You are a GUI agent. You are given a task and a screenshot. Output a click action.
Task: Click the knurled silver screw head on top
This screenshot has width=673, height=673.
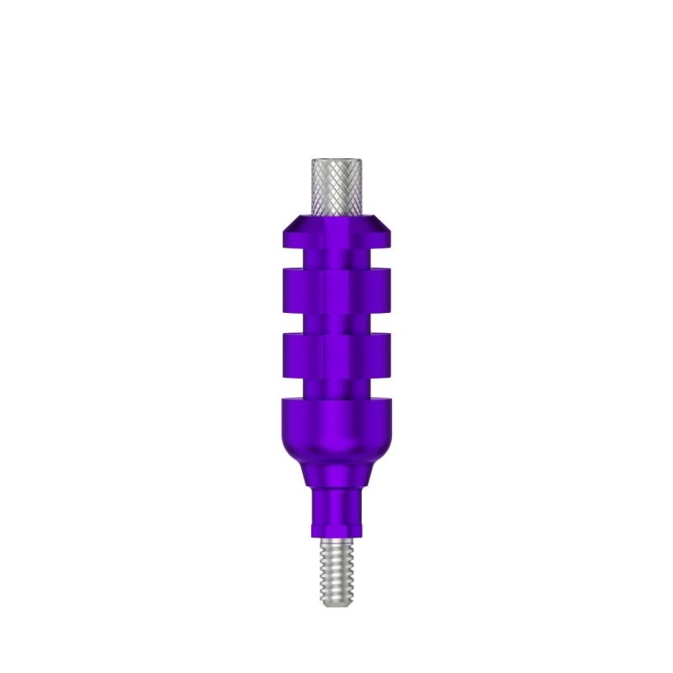tap(336, 187)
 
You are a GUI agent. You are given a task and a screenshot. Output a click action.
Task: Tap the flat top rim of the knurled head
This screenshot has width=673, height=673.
tap(336, 160)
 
